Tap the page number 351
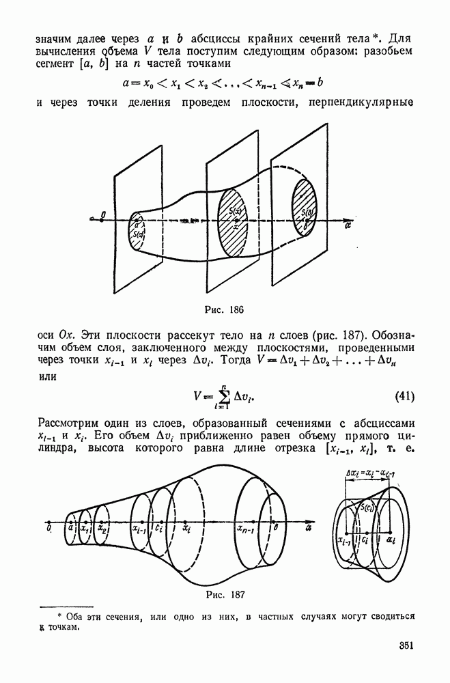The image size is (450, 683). point(406,645)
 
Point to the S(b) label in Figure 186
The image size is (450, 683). point(308,212)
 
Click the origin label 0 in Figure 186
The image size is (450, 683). point(102,215)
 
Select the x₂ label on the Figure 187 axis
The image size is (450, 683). point(102,528)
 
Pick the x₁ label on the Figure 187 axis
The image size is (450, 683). point(84,528)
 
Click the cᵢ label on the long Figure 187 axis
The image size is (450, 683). point(158,528)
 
